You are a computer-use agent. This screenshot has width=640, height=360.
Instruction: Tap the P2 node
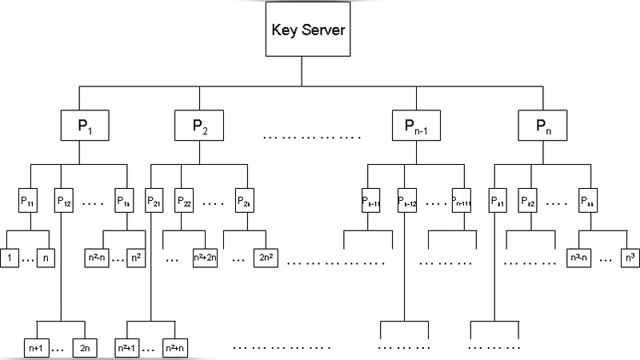click(199, 126)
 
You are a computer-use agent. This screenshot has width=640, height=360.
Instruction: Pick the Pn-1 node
click(414, 126)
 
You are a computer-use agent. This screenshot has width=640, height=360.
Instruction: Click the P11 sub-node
click(30, 200)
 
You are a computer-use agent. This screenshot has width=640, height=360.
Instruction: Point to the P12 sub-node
click(65, 200)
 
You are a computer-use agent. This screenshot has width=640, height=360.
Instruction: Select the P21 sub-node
click(154, 200)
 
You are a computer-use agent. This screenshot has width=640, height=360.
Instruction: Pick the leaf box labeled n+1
click(37, 349)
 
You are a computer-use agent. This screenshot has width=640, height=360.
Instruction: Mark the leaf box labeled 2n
click(85, 349)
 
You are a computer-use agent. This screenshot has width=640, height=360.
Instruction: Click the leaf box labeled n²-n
click(97, 259)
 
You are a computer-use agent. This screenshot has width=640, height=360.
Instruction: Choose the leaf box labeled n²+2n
click(206, 259)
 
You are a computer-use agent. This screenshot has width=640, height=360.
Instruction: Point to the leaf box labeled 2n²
click(266, 259)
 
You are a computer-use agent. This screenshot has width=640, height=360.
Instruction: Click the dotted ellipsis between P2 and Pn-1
click(312, 136)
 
